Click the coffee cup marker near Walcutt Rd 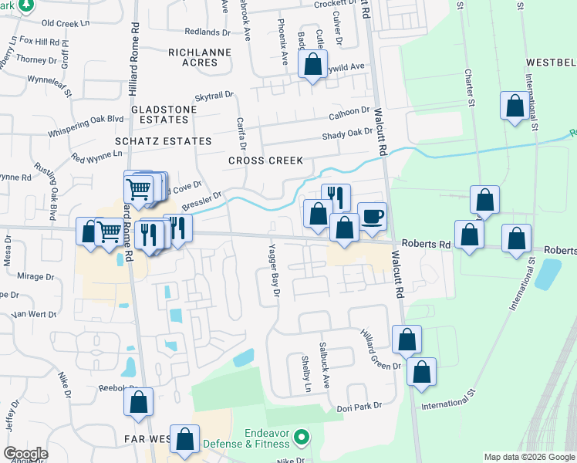(372, 216)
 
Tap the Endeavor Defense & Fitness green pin (303, 438)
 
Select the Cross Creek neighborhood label (265, 161)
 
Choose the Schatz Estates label (163, 141)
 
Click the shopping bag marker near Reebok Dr (138, 402)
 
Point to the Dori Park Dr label (359, 407)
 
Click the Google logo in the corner (25, 454)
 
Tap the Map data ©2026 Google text (529, 457)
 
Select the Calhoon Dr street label (349, 113)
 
